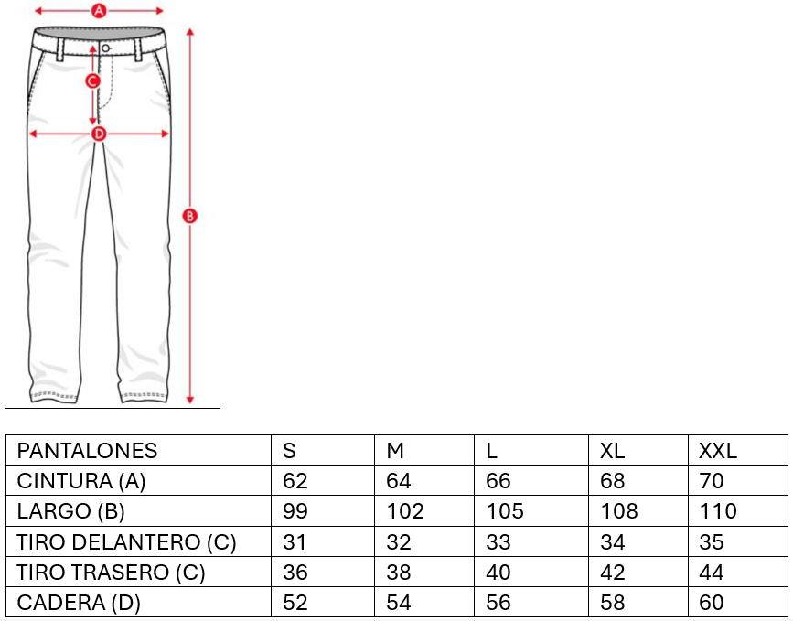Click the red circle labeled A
[99, 11]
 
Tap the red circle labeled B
[189, 217]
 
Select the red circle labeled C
[92, 80]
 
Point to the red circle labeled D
[99, 134]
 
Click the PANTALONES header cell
[87, 451]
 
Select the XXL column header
[718, 451]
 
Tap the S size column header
[289, 451]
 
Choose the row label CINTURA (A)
[80, 481]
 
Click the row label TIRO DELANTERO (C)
[126, 542]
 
